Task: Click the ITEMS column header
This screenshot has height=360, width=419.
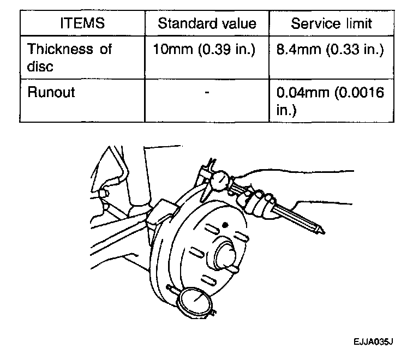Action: [x=82, y=23]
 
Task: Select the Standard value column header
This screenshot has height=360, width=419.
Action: [x=207, y=23]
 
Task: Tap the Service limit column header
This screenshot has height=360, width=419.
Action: [x=331, y=23]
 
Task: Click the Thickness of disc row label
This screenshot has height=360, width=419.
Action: [x=69, y=57]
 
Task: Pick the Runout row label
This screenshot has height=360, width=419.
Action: [x=51, y=92]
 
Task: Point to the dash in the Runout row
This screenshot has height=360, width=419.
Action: [x=207, y=93]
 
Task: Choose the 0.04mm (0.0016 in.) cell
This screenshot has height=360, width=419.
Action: [x=330, y=100]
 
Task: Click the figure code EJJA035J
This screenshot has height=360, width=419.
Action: [x=373, y=341]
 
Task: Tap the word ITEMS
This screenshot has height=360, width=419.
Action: [x=82, y=23]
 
